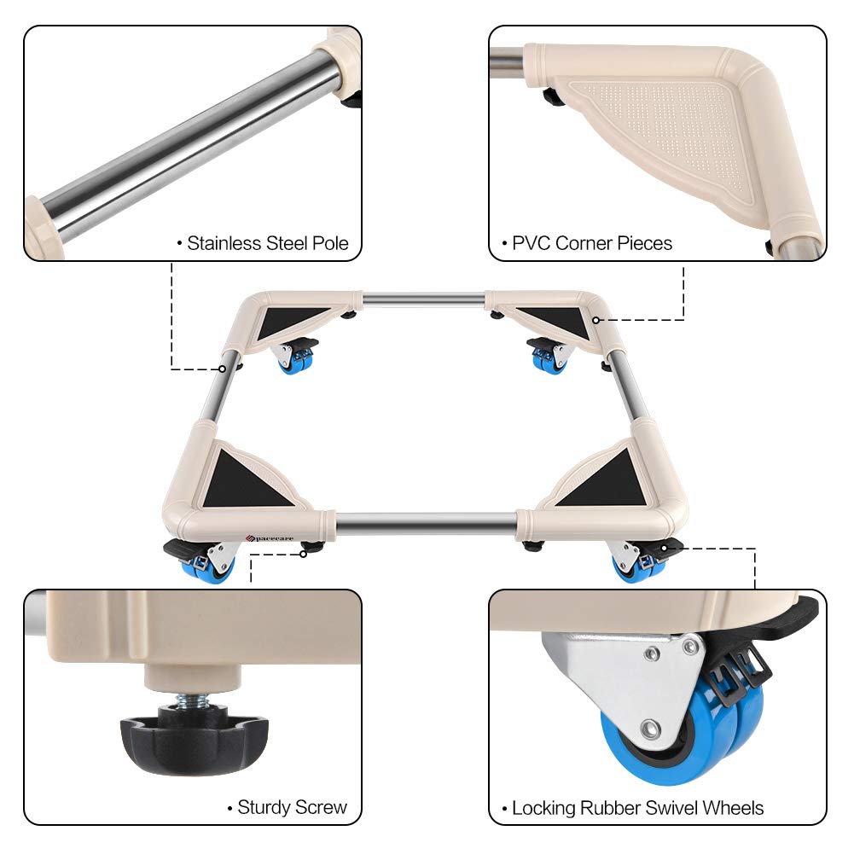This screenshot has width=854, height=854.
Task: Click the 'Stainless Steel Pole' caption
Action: tap(267, 243)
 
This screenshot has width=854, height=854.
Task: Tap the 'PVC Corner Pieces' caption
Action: tap(591, 243)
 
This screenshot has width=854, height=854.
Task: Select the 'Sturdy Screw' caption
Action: tap(292, 807)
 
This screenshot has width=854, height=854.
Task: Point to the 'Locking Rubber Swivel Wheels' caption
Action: tap(636, 807)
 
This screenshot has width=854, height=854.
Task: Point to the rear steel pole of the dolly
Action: tap(424, 299)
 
